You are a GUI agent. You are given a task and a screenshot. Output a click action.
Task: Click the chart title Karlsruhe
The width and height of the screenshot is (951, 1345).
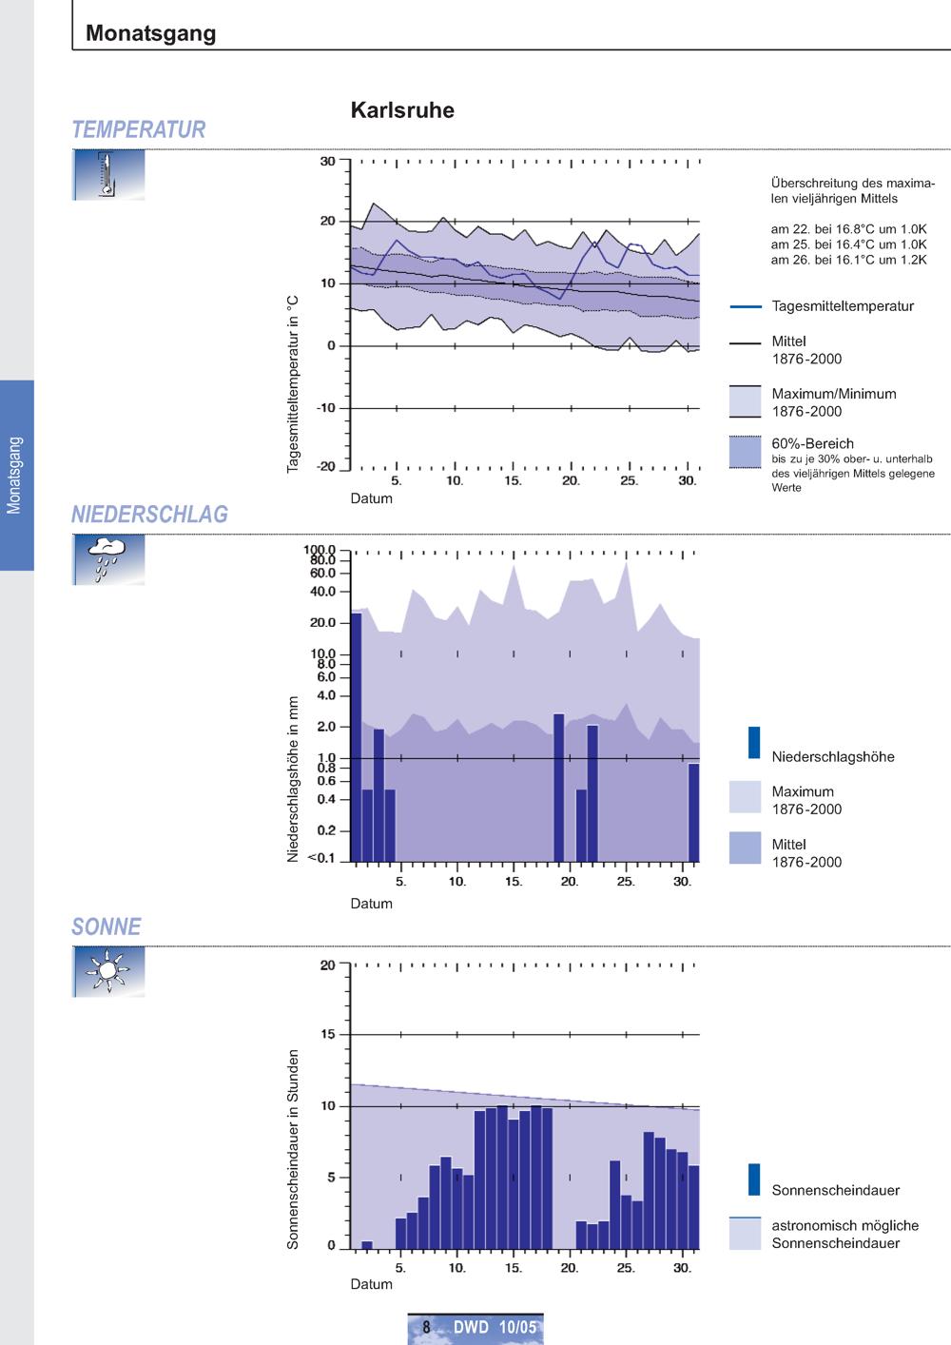402,110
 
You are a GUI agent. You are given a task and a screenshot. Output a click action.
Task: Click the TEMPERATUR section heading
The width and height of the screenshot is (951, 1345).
139,129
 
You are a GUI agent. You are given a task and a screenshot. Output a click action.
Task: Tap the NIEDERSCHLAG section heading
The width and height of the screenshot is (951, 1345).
149,515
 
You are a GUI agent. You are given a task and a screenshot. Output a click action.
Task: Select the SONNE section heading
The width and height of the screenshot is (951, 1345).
107,926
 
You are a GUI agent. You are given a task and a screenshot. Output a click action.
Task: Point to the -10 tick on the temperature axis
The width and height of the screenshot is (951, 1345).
327,408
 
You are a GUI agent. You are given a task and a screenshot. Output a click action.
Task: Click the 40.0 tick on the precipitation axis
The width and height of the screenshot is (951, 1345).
323,592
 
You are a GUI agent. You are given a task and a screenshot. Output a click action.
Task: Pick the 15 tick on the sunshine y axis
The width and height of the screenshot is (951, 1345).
328,1034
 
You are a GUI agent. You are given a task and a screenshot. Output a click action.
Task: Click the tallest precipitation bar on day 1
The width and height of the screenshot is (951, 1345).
356,737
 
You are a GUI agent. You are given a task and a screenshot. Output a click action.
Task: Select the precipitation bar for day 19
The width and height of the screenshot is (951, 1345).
559,788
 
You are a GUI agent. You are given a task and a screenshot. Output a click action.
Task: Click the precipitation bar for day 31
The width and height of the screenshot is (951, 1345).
694,813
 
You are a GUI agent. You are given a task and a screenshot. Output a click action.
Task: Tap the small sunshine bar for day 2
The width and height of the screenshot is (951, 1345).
367,1245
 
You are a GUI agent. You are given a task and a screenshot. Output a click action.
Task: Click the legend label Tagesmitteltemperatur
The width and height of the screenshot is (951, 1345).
843,306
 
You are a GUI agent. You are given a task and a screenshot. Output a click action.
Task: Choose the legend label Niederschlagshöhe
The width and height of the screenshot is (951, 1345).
833,756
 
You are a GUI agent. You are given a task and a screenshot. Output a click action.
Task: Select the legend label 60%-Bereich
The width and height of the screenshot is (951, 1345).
812,443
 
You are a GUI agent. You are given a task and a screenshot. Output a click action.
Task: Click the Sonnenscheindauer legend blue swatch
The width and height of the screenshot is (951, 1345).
754,1179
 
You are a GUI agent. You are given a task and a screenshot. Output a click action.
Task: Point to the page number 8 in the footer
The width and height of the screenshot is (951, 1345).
426,1326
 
